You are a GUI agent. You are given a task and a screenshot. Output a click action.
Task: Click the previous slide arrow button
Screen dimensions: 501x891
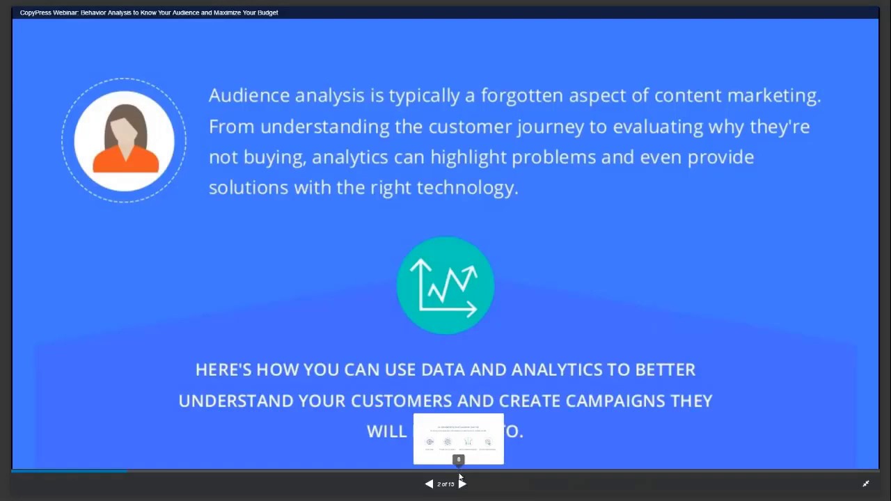click(429, 484)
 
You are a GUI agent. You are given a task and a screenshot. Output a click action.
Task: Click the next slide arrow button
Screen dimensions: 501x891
click(462, 484)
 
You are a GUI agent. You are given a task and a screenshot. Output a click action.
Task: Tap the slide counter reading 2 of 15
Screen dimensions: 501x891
click(445, 484)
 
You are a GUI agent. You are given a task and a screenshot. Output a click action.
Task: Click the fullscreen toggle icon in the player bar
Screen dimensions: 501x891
click(866, 484)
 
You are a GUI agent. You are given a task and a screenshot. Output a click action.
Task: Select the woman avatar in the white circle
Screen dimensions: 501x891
click(125, 140)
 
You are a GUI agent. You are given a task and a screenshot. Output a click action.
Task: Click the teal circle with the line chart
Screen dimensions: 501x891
click(445, 285)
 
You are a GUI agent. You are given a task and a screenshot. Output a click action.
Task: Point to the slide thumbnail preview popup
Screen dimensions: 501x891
click(458, 438)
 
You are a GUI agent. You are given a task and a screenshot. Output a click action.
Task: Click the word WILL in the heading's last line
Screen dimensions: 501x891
click(386, 431)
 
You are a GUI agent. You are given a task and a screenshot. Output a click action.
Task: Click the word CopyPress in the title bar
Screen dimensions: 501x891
click(36, 13)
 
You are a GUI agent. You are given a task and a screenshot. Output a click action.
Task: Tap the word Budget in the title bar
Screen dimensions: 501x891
click(267, 13)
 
